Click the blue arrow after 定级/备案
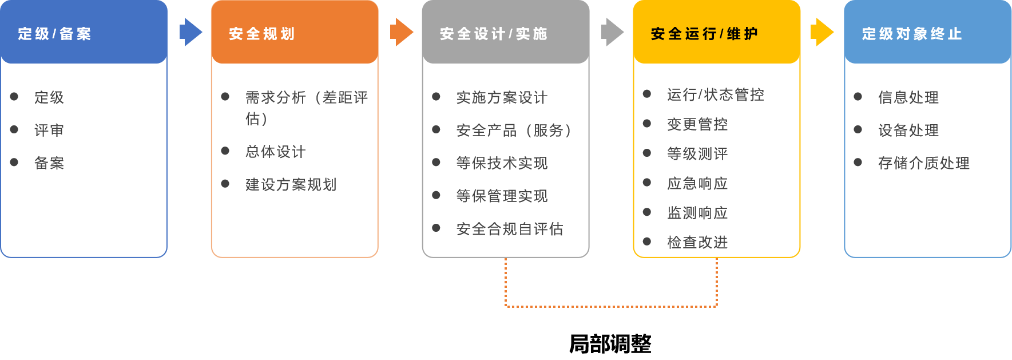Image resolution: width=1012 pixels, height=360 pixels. (x=191, y=32)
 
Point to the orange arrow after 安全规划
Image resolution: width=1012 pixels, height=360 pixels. (x=402, y=32)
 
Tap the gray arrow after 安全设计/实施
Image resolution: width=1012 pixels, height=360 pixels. (x=613, y=32)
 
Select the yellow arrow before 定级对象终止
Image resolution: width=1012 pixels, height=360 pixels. (x=823, y=32)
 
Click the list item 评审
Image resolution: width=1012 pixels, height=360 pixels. (x=49, y=130)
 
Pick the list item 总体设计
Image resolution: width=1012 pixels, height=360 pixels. (x=276, y=152)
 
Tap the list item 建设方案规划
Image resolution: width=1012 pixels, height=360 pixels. (x=291, y=185)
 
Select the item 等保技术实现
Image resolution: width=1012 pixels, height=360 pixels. (x=502, y=163)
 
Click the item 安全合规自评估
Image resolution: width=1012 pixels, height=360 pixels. (x=510, y=230)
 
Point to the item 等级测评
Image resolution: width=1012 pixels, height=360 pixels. (x=697, y=153)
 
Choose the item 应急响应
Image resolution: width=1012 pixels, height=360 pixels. (x=697, y=183)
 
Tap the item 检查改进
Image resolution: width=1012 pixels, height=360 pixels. (x=697, y=243)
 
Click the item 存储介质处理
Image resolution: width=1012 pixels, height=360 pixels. (x=924, y=163)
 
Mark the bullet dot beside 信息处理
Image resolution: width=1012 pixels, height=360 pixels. (x=858, y=97)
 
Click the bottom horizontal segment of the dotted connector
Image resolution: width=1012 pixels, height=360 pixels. (x=611, y=307)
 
